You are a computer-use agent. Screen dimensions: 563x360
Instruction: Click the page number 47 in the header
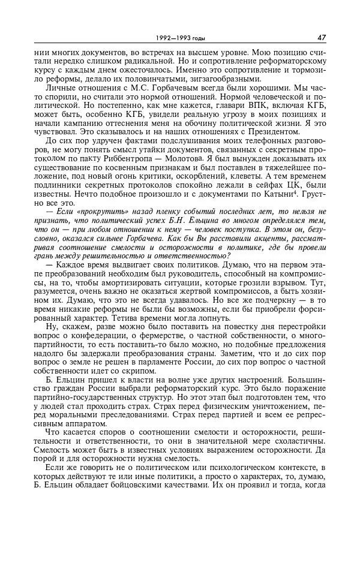[321, 37]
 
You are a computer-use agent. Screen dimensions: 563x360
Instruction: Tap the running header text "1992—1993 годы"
[179, 38]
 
